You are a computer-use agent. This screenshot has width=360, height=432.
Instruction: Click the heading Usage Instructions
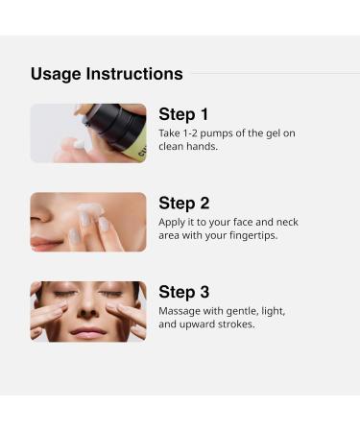point(107,74)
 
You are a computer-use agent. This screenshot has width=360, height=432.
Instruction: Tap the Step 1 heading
point(183,114)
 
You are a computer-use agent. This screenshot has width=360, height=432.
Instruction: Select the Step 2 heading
point(183,203)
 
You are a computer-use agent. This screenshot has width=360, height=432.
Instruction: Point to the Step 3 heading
point(183,292)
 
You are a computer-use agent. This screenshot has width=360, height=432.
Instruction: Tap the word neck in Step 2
point(287,222)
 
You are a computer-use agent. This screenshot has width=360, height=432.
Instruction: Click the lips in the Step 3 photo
point(88,331)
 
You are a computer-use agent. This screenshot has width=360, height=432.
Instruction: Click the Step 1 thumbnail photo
point(88,133)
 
